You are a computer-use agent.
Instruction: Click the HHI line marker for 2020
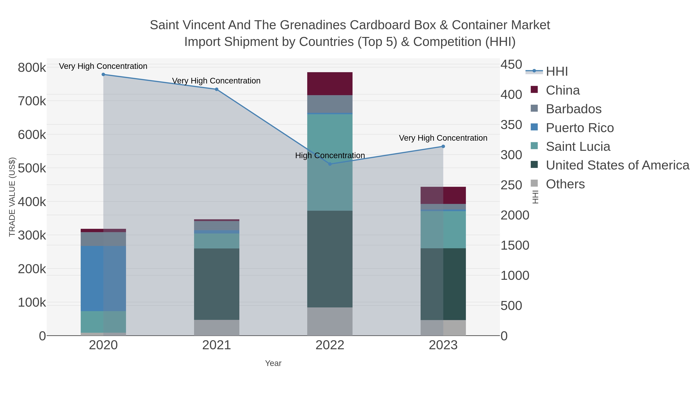coord(103,75)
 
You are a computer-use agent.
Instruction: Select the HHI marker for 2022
coord(330,164)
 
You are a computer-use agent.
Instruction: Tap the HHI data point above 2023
coord(443,147)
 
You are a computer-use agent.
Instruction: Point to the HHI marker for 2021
coord(217,89)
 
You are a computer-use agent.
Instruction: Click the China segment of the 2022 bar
coord(330,83)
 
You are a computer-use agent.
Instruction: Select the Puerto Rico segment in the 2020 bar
coord(103,278)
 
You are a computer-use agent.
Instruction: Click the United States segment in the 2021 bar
coord(217,284)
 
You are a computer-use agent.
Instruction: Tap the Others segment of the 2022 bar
coord(330,321)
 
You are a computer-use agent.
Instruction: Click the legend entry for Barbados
coord(574,109)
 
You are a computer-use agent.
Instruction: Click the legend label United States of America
coord(617,165)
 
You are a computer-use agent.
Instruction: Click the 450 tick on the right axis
coord(511,65)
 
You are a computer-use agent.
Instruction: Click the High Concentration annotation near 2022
coord(330,155)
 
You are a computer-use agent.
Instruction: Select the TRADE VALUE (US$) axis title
coord(12,197)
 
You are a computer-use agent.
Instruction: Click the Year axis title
coord(273,363)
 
